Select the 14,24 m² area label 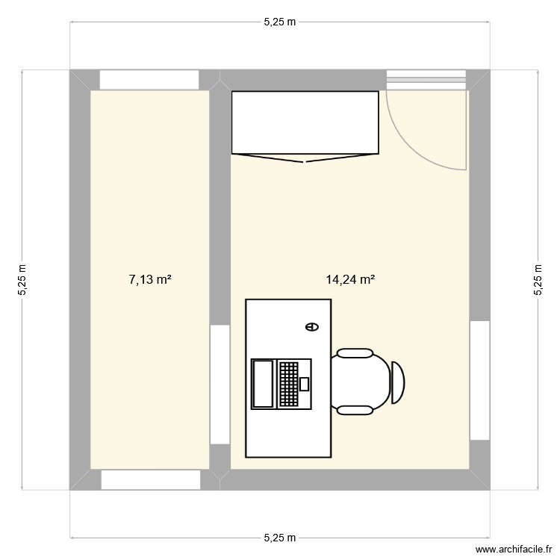pyautogui.click(x=349, y=280)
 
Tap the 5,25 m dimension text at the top pyautogui.click(x=279, y=22)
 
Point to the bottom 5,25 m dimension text pyautogui.click(x=279, y=538)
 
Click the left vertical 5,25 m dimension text pyautogui.click(x=22, y=280)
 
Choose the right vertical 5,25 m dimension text pyautogui.click(x=538, y=280)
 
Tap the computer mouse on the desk pyautogui.click(x=311, y=326)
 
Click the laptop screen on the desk pyautogui.click(x=263, y=384)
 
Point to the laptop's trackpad pyautogui.click(x=304, y=384)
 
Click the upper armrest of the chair pyautogui.click(x=354, y=353)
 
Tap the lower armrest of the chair pyautogui.click(x=354, y=409)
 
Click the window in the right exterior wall pyautogui.click(x=479, y=380)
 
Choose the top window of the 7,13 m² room pyautogui.click(x=149, y=80)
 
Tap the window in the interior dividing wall pyautogui.click(x=220, y=384)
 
